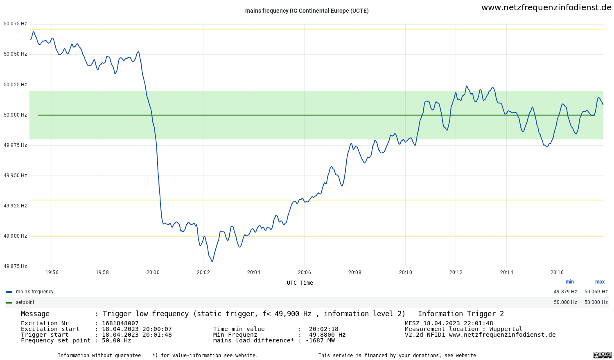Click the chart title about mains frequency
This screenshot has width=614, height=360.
pos(307,11)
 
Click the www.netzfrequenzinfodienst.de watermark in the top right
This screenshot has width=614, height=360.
pos(546,7)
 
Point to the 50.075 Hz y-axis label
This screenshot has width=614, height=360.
pos(15,24)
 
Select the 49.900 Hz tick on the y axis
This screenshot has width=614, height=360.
pos(15,236)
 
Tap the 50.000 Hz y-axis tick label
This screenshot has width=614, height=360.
pos(15,115)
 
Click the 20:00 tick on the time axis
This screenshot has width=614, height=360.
pos(153,272)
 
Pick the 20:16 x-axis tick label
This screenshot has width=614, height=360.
pos(557,272)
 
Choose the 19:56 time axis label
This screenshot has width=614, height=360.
pos(52,272)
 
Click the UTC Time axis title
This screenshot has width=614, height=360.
pos(300,283)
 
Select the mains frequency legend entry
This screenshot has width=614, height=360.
pos(34,292)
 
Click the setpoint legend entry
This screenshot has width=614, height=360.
pos(25,302)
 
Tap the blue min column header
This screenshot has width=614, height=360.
pos(569,282)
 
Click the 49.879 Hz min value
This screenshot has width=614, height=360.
pos(565,292)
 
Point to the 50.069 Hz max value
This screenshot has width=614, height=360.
pos(596,292)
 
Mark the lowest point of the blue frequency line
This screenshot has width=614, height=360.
pos(212,261)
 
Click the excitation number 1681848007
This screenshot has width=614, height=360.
pos(120,323)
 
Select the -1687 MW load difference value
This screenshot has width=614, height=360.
pos(320,340)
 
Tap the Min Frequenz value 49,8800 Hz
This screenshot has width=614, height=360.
pos(327,335)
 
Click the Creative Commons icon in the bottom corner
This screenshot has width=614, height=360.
pos(602,355)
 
